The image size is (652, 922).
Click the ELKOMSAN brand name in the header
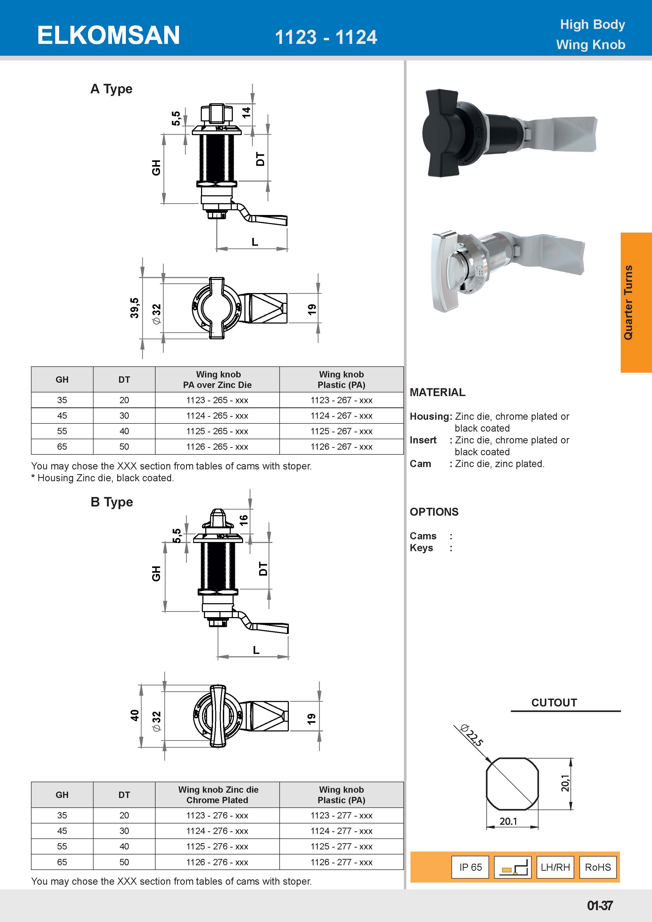coord(108,35)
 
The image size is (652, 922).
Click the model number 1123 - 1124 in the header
coord(326,37)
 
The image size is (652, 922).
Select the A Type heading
coord(111,89)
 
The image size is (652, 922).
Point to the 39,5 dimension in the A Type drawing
coord(135,308)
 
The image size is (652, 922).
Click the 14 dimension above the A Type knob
coord(246,112)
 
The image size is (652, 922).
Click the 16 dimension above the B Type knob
coord(244,520)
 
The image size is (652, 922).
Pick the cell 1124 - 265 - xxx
coord(217,416)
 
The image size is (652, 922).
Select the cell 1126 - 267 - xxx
coord(341,447)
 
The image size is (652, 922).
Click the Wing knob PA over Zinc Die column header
coord(217,380)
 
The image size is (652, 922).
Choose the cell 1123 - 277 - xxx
coord(341,816)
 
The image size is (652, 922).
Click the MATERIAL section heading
coord(437,392)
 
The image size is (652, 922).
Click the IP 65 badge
coord(470,867)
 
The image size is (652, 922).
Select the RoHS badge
coord(597,867)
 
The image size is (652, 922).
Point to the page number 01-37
coord(599,905)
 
